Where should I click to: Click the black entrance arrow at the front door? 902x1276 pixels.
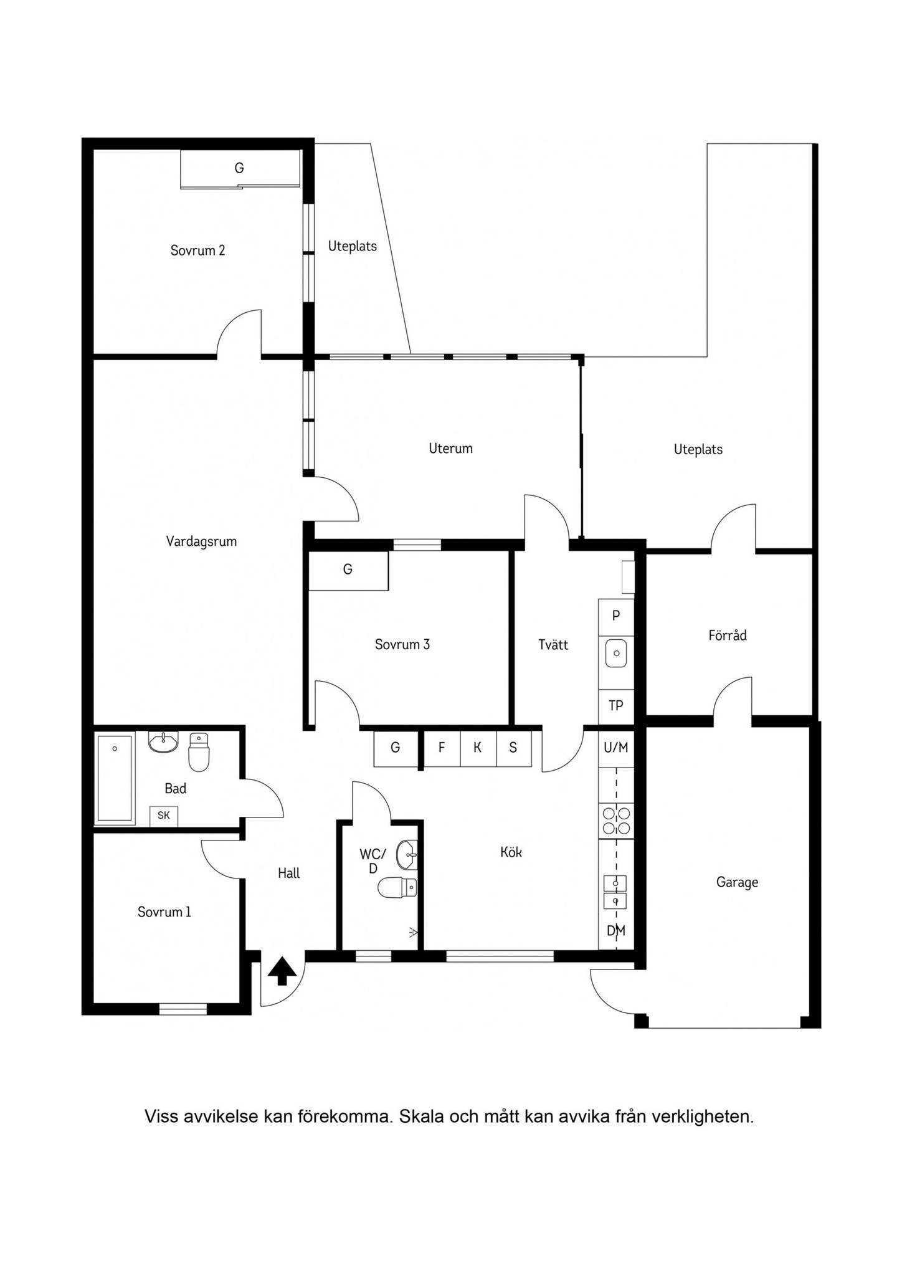tap(282, 971)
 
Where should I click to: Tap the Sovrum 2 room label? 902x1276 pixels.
tap(197, 250)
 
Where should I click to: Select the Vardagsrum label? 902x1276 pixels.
tap(201, 541)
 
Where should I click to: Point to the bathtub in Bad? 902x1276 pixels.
tap(115, 778)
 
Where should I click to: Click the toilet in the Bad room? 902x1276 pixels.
tap(199, 752)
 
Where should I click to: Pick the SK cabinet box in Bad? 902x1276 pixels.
tap(164, 816)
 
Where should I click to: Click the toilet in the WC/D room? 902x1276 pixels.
tap(397, 887)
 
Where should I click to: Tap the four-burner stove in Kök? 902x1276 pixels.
tap(616, 821)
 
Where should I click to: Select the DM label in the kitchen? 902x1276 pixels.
tap(616, 931)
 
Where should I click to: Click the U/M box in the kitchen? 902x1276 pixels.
tap(616, 748)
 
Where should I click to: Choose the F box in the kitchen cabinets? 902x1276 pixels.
tap(442, 748)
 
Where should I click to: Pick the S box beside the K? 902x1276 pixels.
tap(514, 748)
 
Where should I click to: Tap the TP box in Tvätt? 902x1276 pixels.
tap(616, 707)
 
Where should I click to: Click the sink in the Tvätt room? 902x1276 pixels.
tap(616, 654)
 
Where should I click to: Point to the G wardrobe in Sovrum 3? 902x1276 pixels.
tap(348, 570)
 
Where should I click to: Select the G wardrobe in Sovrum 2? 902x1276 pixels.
tap(240, 168)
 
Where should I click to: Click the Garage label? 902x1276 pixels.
tap(737, 882)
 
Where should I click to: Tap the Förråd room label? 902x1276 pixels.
tap(728, 636)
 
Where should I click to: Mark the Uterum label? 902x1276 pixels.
tap(450, 449)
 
